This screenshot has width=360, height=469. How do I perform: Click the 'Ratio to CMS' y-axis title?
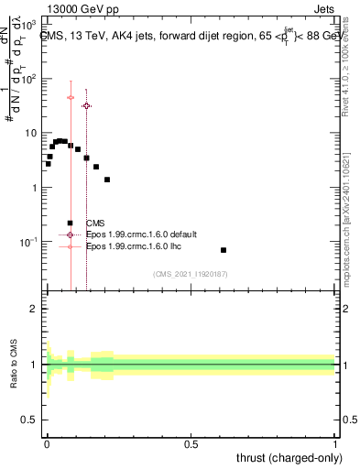14,365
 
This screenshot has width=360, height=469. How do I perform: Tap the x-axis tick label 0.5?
191,442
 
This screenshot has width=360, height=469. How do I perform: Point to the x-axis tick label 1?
334,442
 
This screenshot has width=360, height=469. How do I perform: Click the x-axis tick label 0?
47,442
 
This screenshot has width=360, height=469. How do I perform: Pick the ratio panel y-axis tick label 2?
33,309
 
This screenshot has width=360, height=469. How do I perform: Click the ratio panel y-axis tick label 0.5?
29,420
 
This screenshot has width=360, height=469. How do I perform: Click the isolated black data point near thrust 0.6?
224,250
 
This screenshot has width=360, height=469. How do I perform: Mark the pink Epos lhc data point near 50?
71,97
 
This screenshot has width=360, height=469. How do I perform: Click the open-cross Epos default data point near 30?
86,106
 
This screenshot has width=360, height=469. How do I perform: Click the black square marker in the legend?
70,223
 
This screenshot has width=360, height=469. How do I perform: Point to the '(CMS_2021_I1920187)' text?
190,273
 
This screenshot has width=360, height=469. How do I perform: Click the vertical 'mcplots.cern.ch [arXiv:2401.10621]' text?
350,220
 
